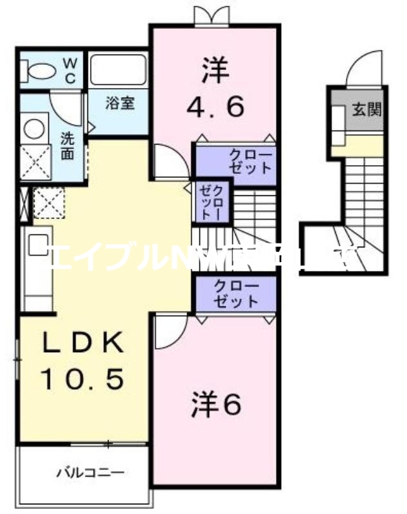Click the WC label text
(x=70, y=70)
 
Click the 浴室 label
(x=120, y=103)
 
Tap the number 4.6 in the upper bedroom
(x=216, y=107)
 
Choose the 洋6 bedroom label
(x=216, y=404)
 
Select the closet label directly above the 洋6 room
(x=235, y=294)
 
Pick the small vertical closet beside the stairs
(x=211, y=201)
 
